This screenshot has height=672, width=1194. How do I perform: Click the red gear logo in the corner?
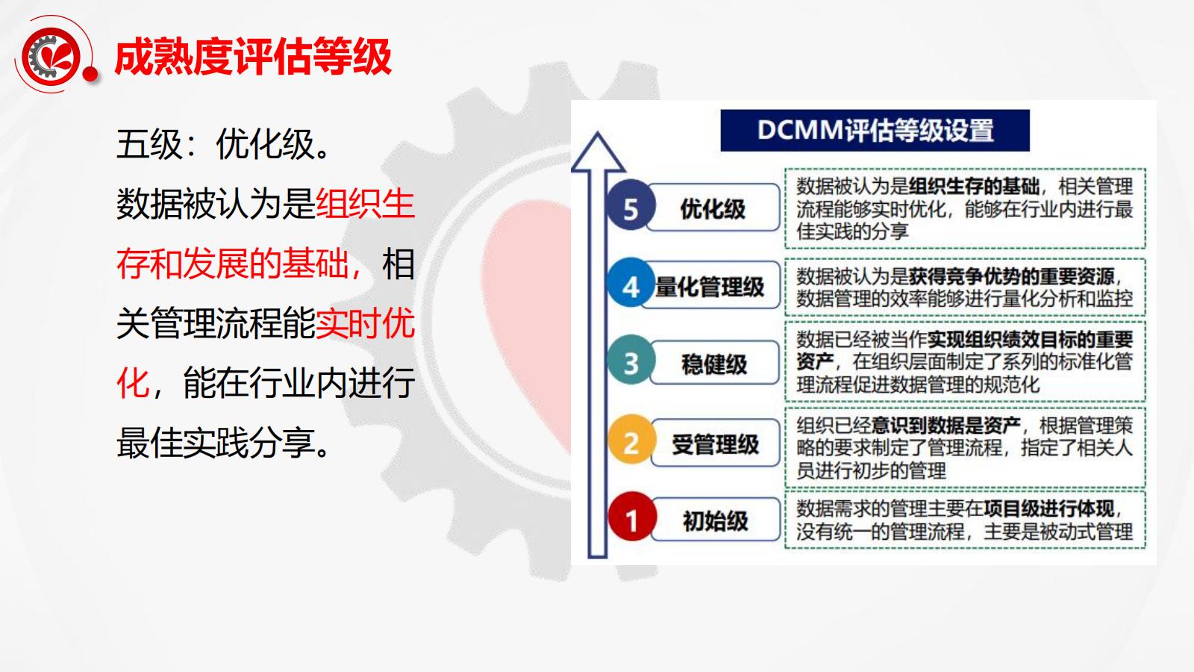click(x=53, y=56)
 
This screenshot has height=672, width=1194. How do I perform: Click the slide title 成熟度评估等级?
click(x=253, y=57)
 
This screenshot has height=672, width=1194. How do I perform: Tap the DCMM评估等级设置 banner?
click(x=875, y=131)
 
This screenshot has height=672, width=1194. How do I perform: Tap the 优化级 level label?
click(x=713, y=208)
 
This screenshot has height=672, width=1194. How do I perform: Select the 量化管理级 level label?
click(x=710, y=287)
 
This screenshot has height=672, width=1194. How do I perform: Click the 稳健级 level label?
click(x=714, y=364)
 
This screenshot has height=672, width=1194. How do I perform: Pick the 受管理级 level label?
click(x=716, y=444)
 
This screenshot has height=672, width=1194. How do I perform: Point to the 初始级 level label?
click(x=716, y=520)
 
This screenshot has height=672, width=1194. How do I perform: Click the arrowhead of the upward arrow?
click(x=598, y=152)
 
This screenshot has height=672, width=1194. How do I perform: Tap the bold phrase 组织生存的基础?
click(x=974, y=186)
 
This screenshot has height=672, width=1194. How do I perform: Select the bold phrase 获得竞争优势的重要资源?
click(x=1011, y=276)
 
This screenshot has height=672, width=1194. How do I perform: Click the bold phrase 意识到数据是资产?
click(x=946, y=425)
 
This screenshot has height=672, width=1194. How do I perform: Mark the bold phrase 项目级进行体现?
click(x=1048, y=508)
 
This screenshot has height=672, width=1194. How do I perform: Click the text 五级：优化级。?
click(x=224, y=144)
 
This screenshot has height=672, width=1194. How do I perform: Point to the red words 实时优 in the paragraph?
click(x=365, y=323)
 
